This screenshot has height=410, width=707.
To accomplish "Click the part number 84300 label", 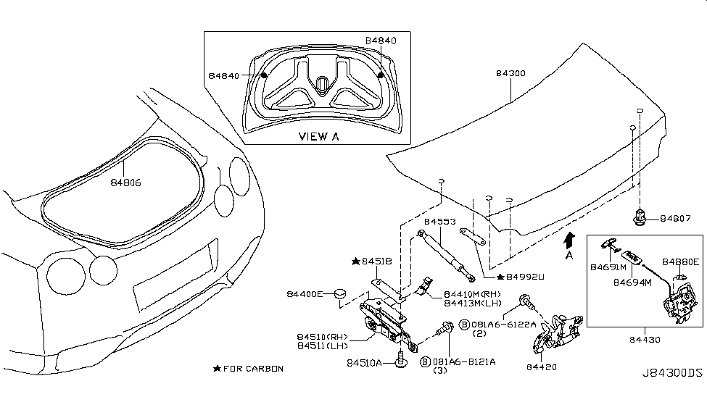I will [511, 74].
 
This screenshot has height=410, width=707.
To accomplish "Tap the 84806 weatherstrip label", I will [126, 183].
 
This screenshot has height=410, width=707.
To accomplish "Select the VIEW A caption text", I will [319, 136].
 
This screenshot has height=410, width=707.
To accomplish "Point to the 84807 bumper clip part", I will [639, 216].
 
